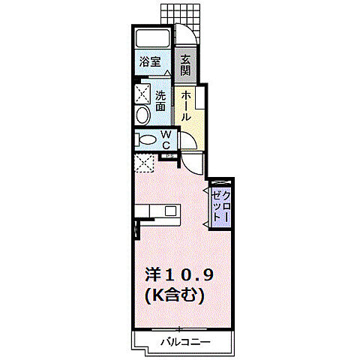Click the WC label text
coord(166,139)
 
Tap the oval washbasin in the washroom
coord(142,115)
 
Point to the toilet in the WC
coord(145,139)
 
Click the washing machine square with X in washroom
coord(142,93)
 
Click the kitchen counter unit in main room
coord(160,212)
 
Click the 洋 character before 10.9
coord(152,275)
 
